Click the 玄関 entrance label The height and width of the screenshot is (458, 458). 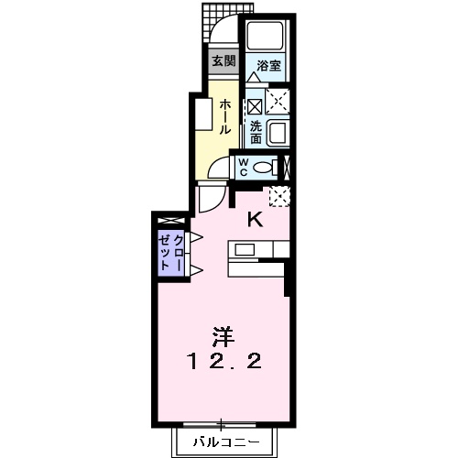(x=224, y=62)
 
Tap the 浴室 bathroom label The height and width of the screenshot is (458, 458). (x=267, y=65)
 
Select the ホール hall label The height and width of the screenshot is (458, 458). (x=224, y=116)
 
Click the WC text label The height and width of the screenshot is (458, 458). (x=245, y=167)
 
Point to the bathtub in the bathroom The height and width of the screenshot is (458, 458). (x=267, y=37)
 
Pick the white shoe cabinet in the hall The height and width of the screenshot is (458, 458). (x=199, y=115)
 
